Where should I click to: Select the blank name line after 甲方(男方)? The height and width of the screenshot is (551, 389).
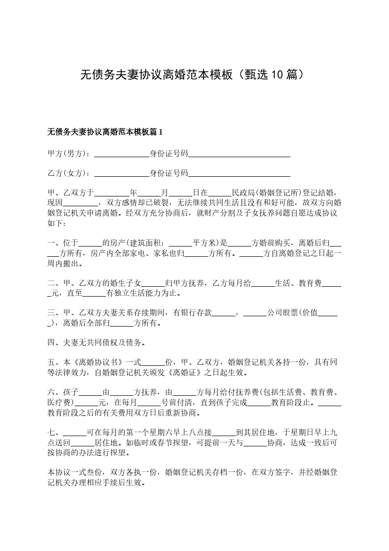pyautogui.click(x=121, y=155)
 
